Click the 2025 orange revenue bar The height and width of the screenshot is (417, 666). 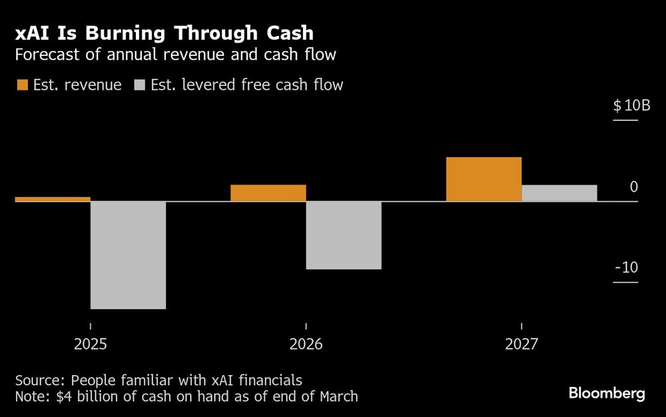tap(52, 199)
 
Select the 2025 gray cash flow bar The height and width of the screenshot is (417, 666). tap(128, 255)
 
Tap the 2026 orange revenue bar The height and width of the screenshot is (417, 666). tap(268, 193)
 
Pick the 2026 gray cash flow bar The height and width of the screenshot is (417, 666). tap(344, 235)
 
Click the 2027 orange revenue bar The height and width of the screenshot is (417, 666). tap(484, 179)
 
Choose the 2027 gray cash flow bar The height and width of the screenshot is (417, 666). tap(559, 193)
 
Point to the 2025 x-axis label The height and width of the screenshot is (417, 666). tap(90, 345)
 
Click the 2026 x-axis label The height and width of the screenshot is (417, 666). tap(306, 345)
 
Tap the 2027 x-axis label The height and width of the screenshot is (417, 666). tap(521, 345)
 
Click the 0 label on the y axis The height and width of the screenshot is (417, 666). tap(633, 187)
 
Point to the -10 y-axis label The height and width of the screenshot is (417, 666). tap(626, 267)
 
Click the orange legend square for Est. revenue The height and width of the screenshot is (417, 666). tap(22, 85)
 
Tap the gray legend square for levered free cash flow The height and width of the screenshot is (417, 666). tap(139, 85)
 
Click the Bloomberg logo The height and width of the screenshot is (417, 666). tap(607, 394)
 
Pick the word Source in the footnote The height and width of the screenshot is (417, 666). tap(39, 380)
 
